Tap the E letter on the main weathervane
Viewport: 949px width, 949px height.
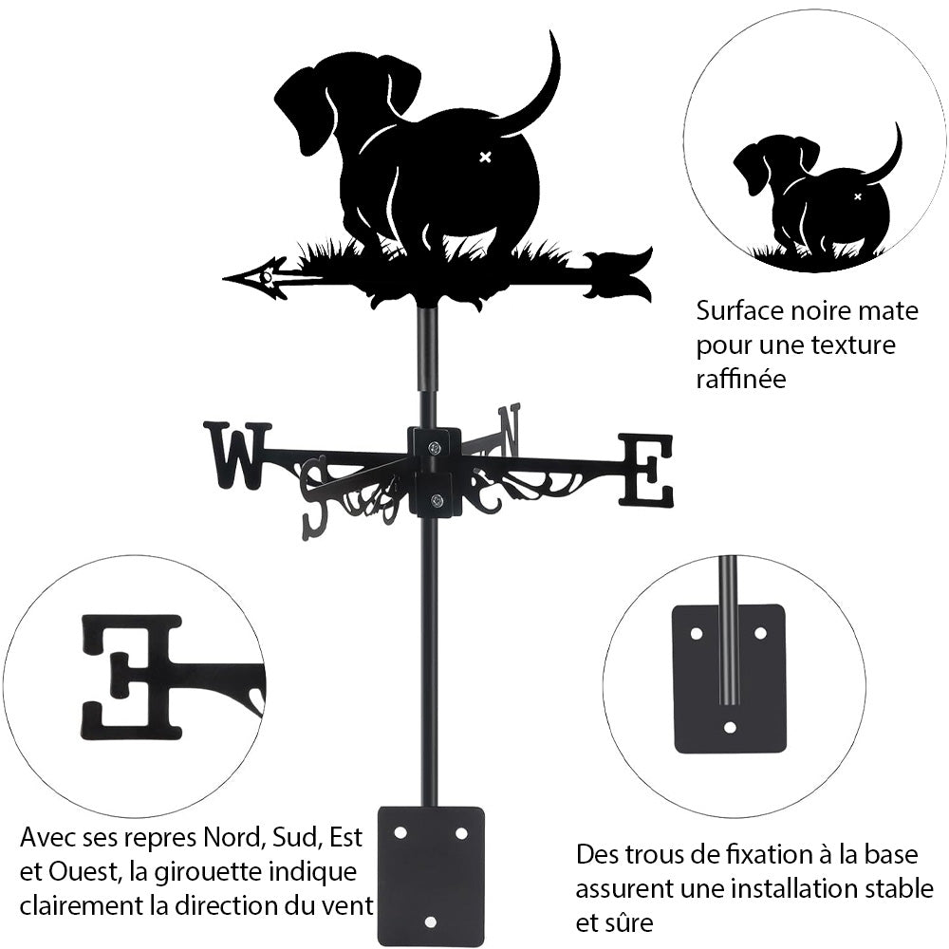[x=646, y=469]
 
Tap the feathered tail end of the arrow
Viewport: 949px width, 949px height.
[x=622, y=274]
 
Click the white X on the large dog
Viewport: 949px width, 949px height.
[x=486, y=157]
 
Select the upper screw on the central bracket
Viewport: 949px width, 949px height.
[x=434, y=448]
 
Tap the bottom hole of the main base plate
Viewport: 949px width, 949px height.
[x=430, y=921]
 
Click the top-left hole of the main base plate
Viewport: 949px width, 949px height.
[x=400, y=832]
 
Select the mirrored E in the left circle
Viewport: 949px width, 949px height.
[x=133, y=677]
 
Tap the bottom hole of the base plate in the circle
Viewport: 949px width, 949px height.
[x=729, y=728]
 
